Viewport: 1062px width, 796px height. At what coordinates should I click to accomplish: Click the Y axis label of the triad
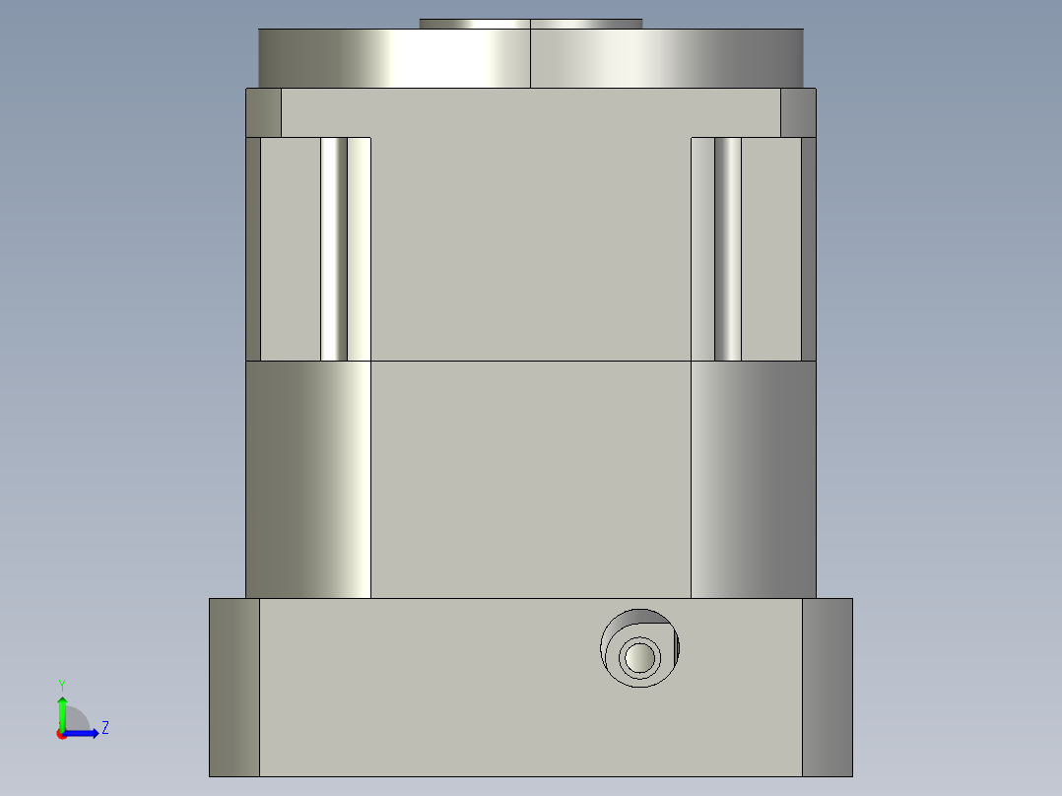62,684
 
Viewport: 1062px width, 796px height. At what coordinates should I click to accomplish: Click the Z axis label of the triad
104,728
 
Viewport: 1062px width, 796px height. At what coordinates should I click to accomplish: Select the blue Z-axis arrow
85,732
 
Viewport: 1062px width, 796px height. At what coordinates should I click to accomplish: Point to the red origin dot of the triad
61,734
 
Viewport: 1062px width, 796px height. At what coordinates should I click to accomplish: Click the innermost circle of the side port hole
639,656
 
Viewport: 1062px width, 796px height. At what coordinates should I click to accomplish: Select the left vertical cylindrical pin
334,248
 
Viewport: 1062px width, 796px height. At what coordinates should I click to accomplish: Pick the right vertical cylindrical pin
728,248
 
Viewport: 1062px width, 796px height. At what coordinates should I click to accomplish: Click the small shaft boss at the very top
530,24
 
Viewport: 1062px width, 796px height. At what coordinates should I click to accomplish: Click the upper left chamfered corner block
263,112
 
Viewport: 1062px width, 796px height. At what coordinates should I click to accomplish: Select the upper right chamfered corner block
798,112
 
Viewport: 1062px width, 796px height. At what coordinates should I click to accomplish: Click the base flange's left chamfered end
234,687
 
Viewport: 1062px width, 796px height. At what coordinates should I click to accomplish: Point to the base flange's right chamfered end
827,687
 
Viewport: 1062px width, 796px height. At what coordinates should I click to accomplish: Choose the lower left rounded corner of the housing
307,479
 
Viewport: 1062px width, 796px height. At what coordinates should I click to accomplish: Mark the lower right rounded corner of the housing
753,479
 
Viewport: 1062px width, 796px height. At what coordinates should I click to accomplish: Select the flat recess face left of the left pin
291,248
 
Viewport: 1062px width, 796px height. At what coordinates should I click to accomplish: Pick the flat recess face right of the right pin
770,248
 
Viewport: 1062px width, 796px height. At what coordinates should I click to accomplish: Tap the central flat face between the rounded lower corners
530,479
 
